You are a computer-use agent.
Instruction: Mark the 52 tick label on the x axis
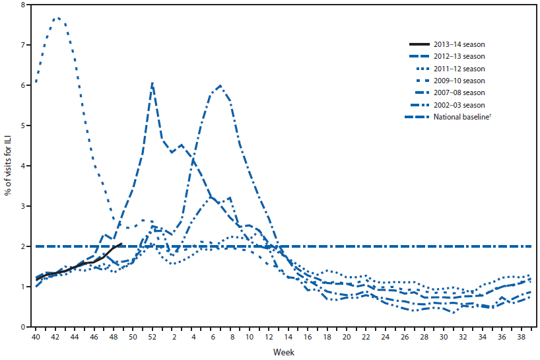click(x=153, y=337)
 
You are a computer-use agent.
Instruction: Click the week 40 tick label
click(x=36, y=337)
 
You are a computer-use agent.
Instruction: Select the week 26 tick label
click(x=405, y=337)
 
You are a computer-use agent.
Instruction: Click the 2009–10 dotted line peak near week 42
click(x=57, y=18)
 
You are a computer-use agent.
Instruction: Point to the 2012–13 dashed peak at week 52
click(x=152, y=83)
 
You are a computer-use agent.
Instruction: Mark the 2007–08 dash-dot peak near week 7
click(x=220, y=85)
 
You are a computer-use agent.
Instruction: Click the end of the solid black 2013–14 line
click(x=121, y=243)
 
